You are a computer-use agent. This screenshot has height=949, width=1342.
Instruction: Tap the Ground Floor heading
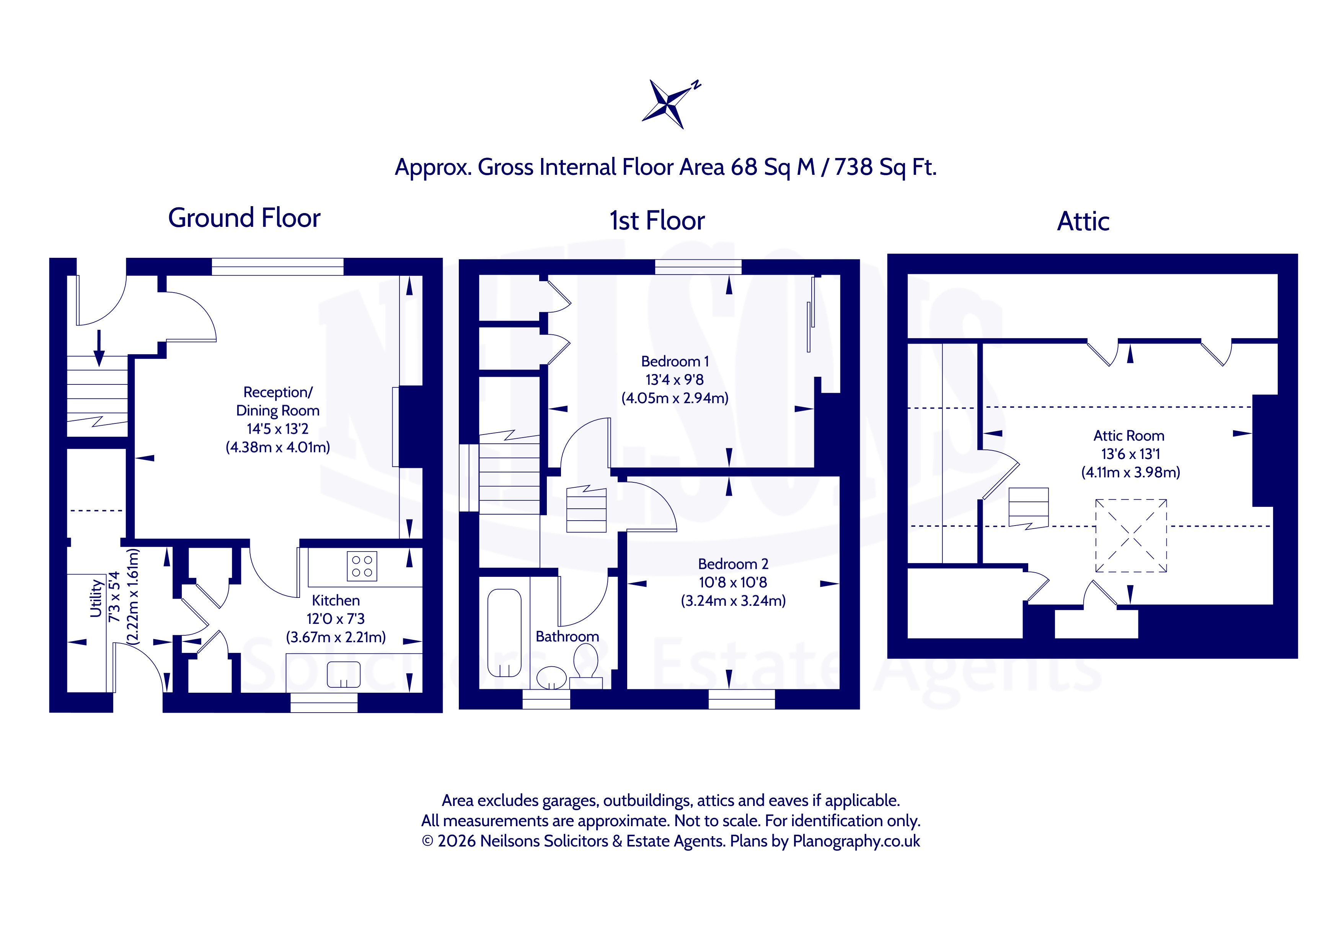(244, 218)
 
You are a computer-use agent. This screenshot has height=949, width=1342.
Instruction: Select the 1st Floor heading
(657, 221)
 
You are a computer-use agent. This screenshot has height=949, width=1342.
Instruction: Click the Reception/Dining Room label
(278, 402)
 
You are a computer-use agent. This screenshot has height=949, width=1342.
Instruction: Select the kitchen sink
(344, 674)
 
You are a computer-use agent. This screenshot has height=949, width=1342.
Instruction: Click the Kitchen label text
(336, 600)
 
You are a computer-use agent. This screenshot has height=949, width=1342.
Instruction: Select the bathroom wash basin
(551, 678)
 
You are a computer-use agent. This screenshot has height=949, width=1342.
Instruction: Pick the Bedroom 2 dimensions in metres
(733, 601)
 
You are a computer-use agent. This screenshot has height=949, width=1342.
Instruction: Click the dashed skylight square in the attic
(1131, 535)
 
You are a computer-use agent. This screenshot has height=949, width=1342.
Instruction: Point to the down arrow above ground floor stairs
(99, 348)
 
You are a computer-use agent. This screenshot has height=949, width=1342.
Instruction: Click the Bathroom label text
(567, 636)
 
